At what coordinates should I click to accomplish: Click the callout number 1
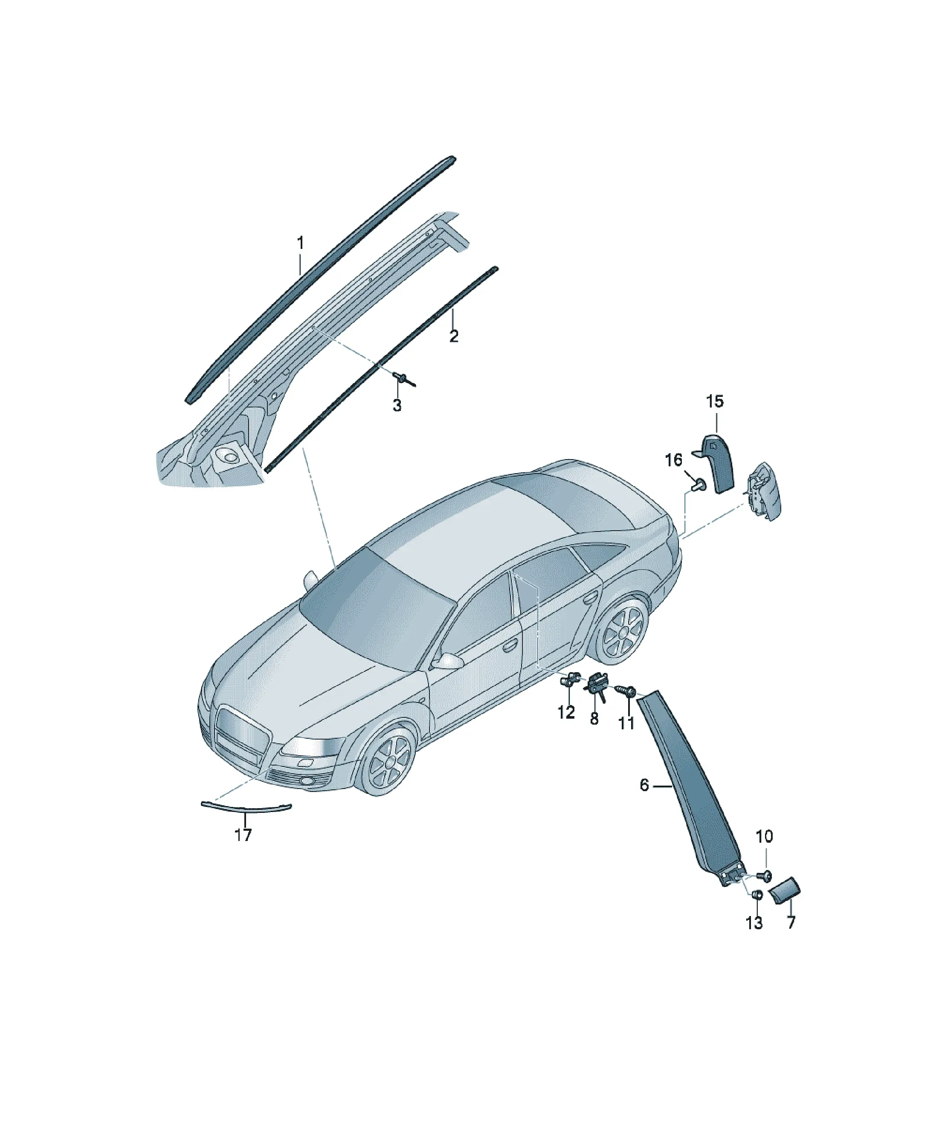coord(301,243)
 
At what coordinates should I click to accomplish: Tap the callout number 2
coord(454,336)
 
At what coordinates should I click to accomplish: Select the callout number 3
coord(397,406)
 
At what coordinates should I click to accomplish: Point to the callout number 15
coord(715,402)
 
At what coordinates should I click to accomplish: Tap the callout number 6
coord(644,801)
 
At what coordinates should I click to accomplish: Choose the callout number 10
coord(765,837)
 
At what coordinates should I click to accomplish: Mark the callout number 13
coord(754,923)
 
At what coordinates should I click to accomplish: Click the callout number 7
coord(791,923)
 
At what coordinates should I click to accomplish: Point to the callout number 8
coord(594,719)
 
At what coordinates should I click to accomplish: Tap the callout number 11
coord(626,723)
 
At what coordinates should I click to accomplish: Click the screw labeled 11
coord(627,691)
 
